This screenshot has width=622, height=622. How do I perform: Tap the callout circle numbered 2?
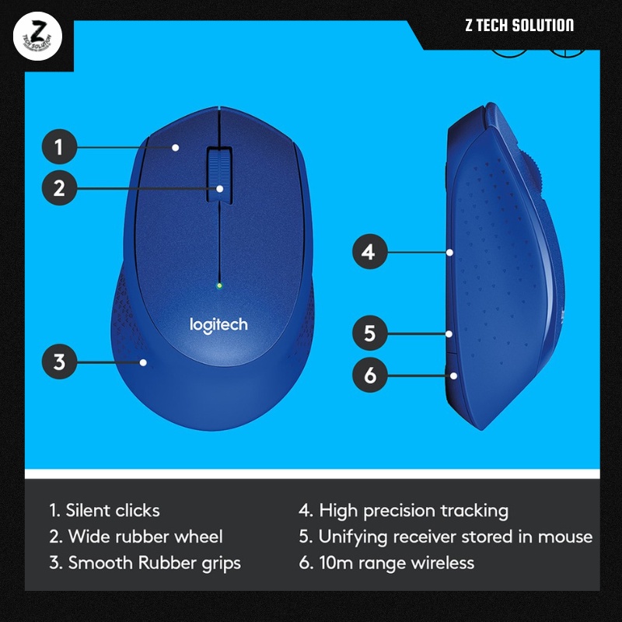coord(58,187)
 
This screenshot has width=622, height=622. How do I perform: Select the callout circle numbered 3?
coord(58,362)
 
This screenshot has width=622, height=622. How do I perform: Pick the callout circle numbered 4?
coord(369,252)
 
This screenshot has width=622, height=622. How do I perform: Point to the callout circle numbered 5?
coord(369,334)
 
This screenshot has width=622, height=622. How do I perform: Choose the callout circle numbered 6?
coord(369,376)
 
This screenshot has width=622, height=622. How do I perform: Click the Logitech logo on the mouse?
coord(219,323)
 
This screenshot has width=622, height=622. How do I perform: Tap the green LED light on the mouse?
coord(220,285)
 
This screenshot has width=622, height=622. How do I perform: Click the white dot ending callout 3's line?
coord(144,362)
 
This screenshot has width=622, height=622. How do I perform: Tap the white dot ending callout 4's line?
coord(450,252)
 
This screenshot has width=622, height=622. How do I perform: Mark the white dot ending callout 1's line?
coord(176,147)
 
